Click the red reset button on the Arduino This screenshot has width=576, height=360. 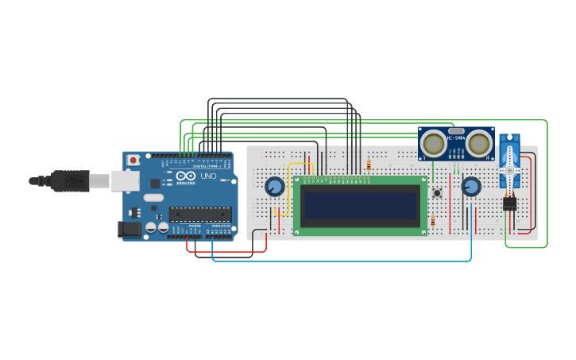[133, 160]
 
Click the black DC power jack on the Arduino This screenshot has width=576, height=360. [128, 229]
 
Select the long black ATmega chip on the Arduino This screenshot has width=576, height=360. [200, 213]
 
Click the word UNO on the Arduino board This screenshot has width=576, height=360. [208, 176]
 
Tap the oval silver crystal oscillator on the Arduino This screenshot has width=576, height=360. [153, 197]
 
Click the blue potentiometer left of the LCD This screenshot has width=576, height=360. [274, 187]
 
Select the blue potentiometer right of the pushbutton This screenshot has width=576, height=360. [471, 187]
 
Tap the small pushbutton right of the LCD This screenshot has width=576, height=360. [437, 192]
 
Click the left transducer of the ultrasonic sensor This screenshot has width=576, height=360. [433, 143]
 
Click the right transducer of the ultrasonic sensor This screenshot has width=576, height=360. [479, 143]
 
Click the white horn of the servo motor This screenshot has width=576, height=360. [509, 169]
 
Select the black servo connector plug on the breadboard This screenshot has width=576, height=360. [509, 203]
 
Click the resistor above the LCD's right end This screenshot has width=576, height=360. [369, 165]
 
